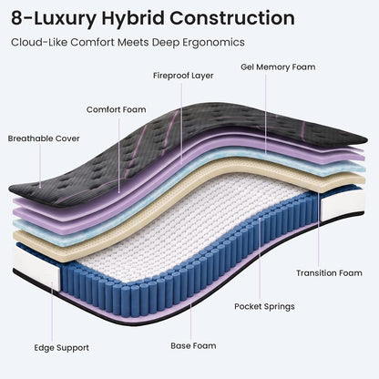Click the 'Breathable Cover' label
44,138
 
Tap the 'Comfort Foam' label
117,109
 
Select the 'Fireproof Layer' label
183,76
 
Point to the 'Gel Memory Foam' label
278,67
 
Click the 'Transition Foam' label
329,273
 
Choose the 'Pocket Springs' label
264,306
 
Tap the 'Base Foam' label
193,345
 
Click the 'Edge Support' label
61,348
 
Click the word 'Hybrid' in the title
132,18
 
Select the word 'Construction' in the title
232,18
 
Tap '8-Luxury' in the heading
54,19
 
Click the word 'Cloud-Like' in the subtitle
39,42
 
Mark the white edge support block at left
36,263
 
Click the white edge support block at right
343,204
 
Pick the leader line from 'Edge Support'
52,312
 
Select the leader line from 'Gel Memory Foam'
266,113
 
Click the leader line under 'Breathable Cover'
40,166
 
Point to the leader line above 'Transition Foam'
319,225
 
